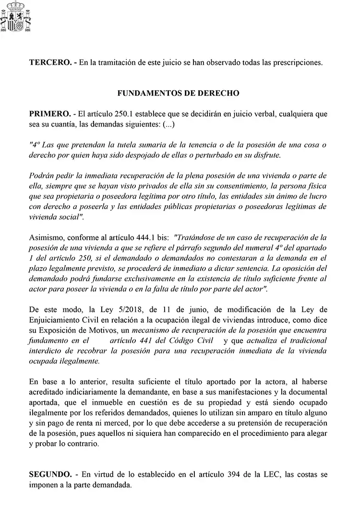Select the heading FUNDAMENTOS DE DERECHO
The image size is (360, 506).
178,94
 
